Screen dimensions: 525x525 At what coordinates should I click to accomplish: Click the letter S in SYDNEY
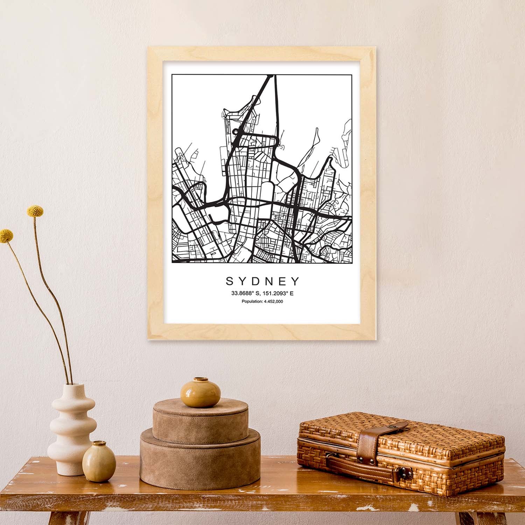230,281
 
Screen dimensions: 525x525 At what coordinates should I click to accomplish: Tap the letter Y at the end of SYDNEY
296,281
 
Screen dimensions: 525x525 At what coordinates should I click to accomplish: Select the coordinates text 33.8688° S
245,293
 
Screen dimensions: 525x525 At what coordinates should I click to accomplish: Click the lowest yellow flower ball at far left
6,236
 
